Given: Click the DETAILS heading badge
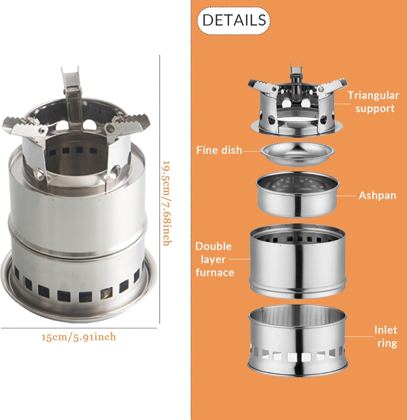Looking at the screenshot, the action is click(x=233, y=20).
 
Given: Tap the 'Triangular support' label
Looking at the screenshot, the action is click(x=373, y=102).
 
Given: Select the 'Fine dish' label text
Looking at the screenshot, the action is click(x=219, y=150).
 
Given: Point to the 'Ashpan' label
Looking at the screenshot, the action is click(x=378, y=195).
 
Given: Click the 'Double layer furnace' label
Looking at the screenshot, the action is click(x=214, y=259).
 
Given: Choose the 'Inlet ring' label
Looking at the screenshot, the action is click(x=386, y=337).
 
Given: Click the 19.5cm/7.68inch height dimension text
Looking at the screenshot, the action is click(x=167, y=203).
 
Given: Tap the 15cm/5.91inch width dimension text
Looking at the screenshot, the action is click(x=79, y=337).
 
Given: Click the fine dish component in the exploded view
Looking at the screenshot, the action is click(x=297, y=153).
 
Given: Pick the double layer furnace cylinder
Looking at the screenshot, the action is click(x=297, y=261).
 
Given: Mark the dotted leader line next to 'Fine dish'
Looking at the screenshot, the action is click(x=252, y=151).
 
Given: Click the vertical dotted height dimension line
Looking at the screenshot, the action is click(x=160, y=189).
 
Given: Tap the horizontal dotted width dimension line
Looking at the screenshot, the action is click(x=79, y=328).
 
